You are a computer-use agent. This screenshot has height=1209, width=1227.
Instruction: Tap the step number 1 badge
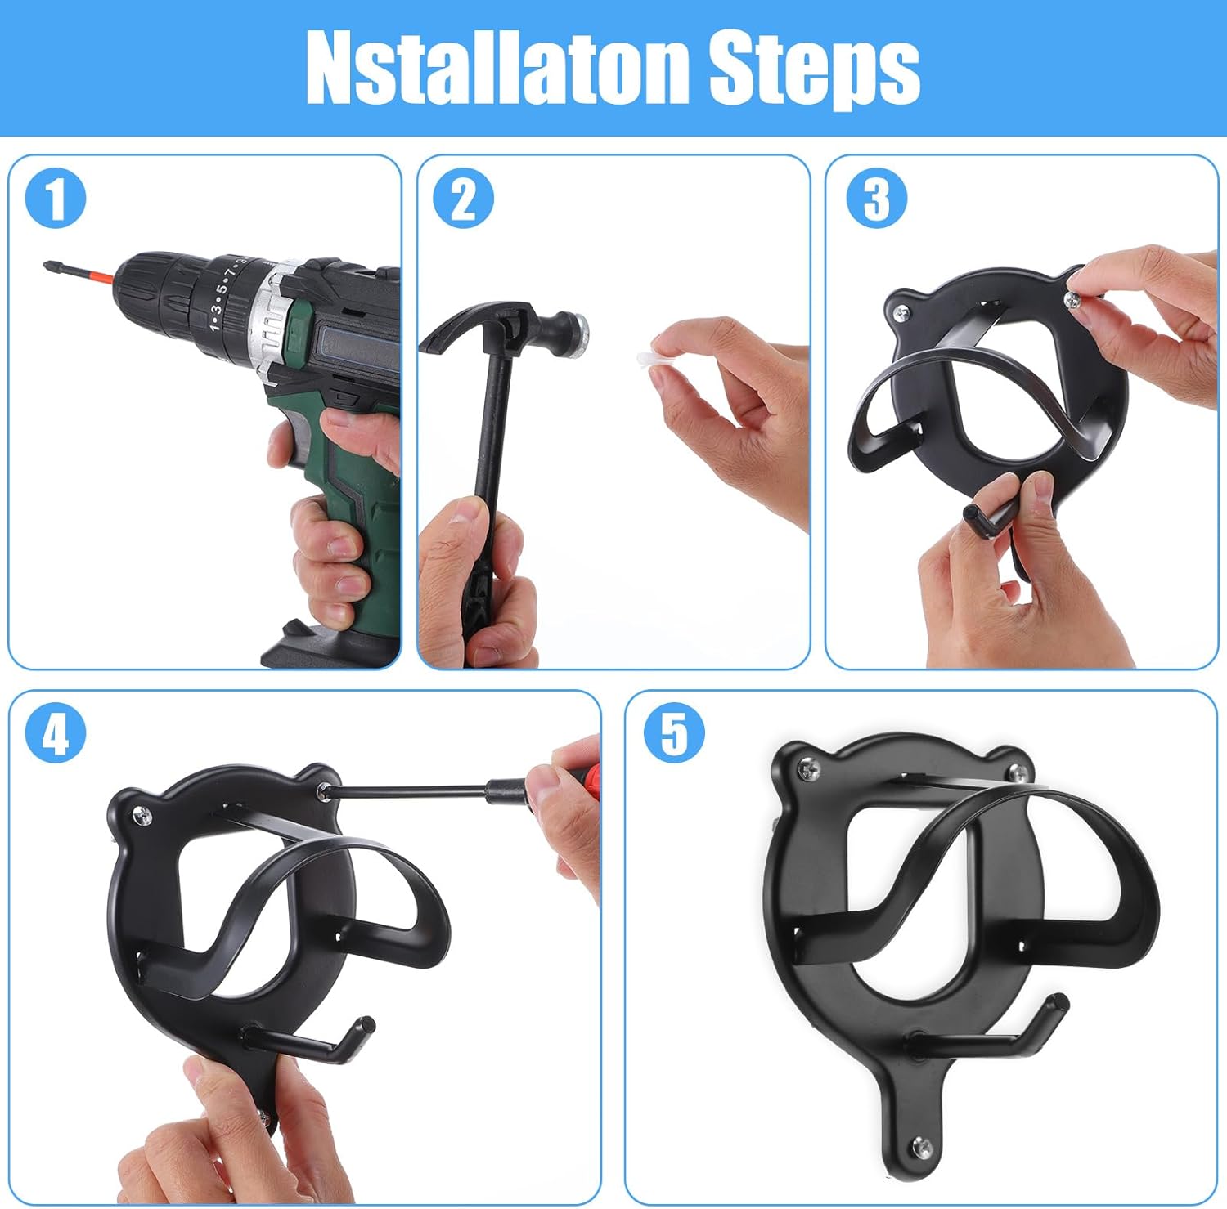tap(56, 199)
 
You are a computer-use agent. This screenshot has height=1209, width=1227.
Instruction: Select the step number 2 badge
tap(463, 199)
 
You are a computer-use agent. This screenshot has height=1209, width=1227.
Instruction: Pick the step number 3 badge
tap(876, 199)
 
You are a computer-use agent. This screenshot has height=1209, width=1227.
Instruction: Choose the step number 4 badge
tap(56, 733)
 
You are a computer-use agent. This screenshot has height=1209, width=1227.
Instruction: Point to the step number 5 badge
tap(674, 733)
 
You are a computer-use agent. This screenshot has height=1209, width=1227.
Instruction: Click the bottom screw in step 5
tap(922, 1146)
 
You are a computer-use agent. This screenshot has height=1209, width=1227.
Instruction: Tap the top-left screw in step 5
tap(808, 768)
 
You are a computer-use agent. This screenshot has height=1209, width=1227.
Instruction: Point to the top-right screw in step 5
tap(1017, 772)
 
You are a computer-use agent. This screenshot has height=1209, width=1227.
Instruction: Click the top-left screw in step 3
tap(901, 311)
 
